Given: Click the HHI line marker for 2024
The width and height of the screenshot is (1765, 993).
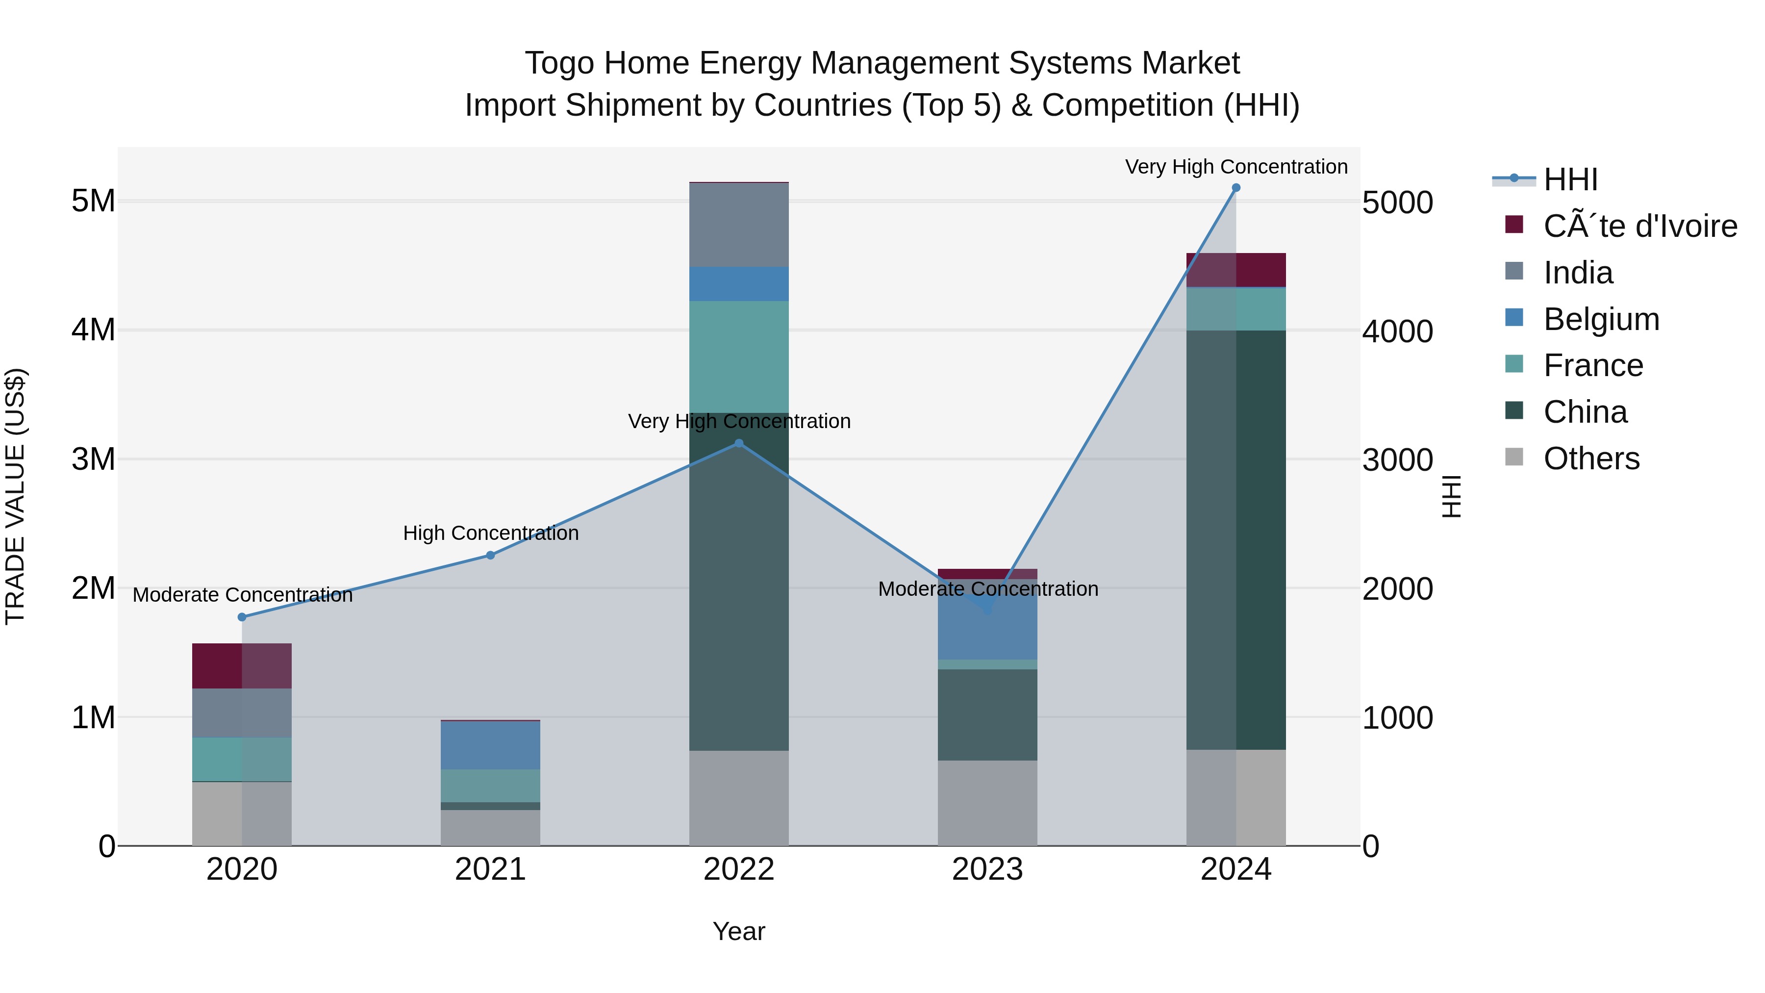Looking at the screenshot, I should (1236, 188).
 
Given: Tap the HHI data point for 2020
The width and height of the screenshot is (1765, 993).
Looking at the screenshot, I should (242, 617).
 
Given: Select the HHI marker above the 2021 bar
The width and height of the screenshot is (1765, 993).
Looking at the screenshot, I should (491, 555).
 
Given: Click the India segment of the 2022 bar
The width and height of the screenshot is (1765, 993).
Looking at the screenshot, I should (739, 225).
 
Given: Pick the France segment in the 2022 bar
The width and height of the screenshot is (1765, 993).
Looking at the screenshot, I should (739, 356).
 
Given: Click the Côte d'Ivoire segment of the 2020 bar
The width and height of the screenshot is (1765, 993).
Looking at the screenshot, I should (242, 665).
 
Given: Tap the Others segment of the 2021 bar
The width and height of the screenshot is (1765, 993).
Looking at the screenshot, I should (491, 828).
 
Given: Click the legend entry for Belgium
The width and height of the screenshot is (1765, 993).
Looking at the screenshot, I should (1601, 319).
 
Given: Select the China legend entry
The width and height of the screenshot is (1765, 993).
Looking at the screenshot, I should (1585, 412).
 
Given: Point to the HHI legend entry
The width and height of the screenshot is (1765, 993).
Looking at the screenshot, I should (1570, 179).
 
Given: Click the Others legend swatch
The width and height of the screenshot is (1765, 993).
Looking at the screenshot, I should (1514, 457).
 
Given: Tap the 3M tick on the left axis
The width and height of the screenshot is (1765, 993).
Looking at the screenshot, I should (93, 459).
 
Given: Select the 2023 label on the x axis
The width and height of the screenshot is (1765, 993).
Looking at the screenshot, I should (987, 869).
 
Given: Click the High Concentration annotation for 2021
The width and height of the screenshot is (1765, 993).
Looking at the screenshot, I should (491, 533).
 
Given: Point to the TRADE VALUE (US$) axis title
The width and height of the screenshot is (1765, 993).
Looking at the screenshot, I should (15, 496).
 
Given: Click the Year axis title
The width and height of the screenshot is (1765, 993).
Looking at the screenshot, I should (739, 931).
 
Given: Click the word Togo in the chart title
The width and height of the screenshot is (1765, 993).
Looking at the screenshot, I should (560, 63).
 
